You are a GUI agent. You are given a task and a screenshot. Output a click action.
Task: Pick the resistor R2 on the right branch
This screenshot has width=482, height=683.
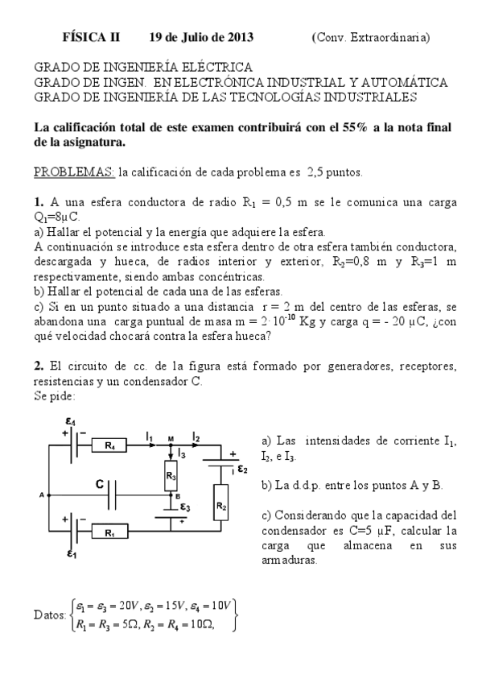pos(221,507)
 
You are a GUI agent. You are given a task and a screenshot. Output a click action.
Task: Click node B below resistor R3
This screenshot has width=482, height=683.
pos(175,496)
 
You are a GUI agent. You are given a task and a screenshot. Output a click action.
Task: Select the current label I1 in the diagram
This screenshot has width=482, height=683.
pos(150,436)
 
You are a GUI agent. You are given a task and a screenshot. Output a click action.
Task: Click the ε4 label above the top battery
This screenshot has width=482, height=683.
pos(70,420)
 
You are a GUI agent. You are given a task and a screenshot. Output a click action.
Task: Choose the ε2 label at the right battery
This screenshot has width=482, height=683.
pos(241,468)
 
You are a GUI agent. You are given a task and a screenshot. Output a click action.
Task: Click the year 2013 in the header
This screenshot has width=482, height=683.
pos(241,37)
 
